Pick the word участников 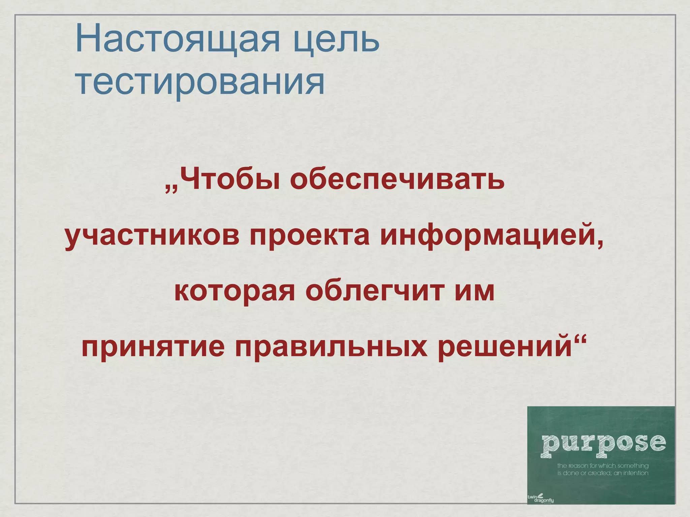click(x=152, y=235)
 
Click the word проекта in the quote click(x=310, y=235)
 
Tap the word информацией click(x=487, y=235)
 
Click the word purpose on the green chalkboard click(x=603, y=444)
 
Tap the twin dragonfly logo click(x=540, y=497)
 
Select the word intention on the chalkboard click(x=635, y=473)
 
